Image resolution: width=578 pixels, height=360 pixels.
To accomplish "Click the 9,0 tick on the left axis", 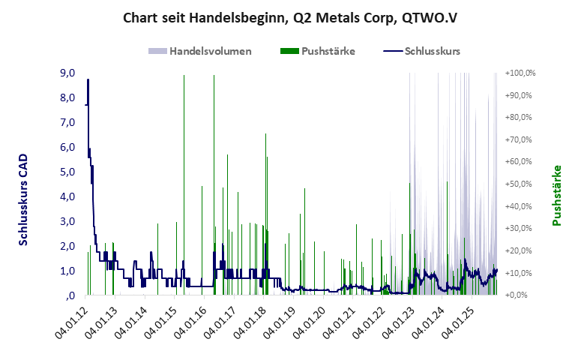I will click(x=67, y=73).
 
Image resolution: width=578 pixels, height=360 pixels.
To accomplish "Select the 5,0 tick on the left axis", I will click(x=67, y=172).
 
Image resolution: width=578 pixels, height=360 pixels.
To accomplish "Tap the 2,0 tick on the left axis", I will click(x=67, y=246).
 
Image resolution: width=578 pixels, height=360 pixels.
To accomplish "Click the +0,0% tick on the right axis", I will click(x=519, y=295).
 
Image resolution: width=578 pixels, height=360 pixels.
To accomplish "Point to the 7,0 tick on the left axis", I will click(x=67, y=122).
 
